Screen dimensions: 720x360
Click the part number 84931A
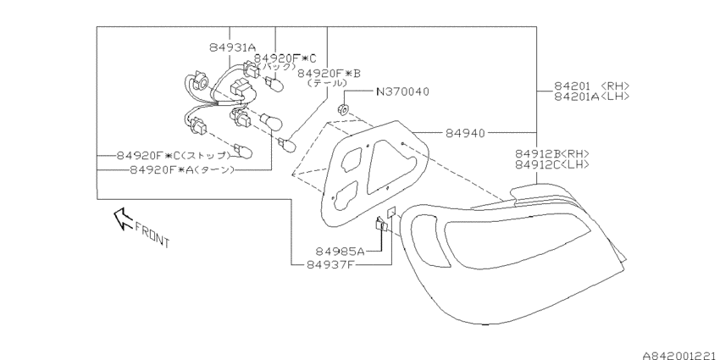232,47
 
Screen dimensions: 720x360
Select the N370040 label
402,91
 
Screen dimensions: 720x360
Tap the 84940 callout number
465,133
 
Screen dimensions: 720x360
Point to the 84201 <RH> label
591,86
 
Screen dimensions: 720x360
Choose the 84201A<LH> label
591,96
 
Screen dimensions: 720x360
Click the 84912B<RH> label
552,154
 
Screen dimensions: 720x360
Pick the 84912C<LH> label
552,164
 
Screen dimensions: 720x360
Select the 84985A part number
340,252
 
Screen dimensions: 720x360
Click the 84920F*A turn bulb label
182,170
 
